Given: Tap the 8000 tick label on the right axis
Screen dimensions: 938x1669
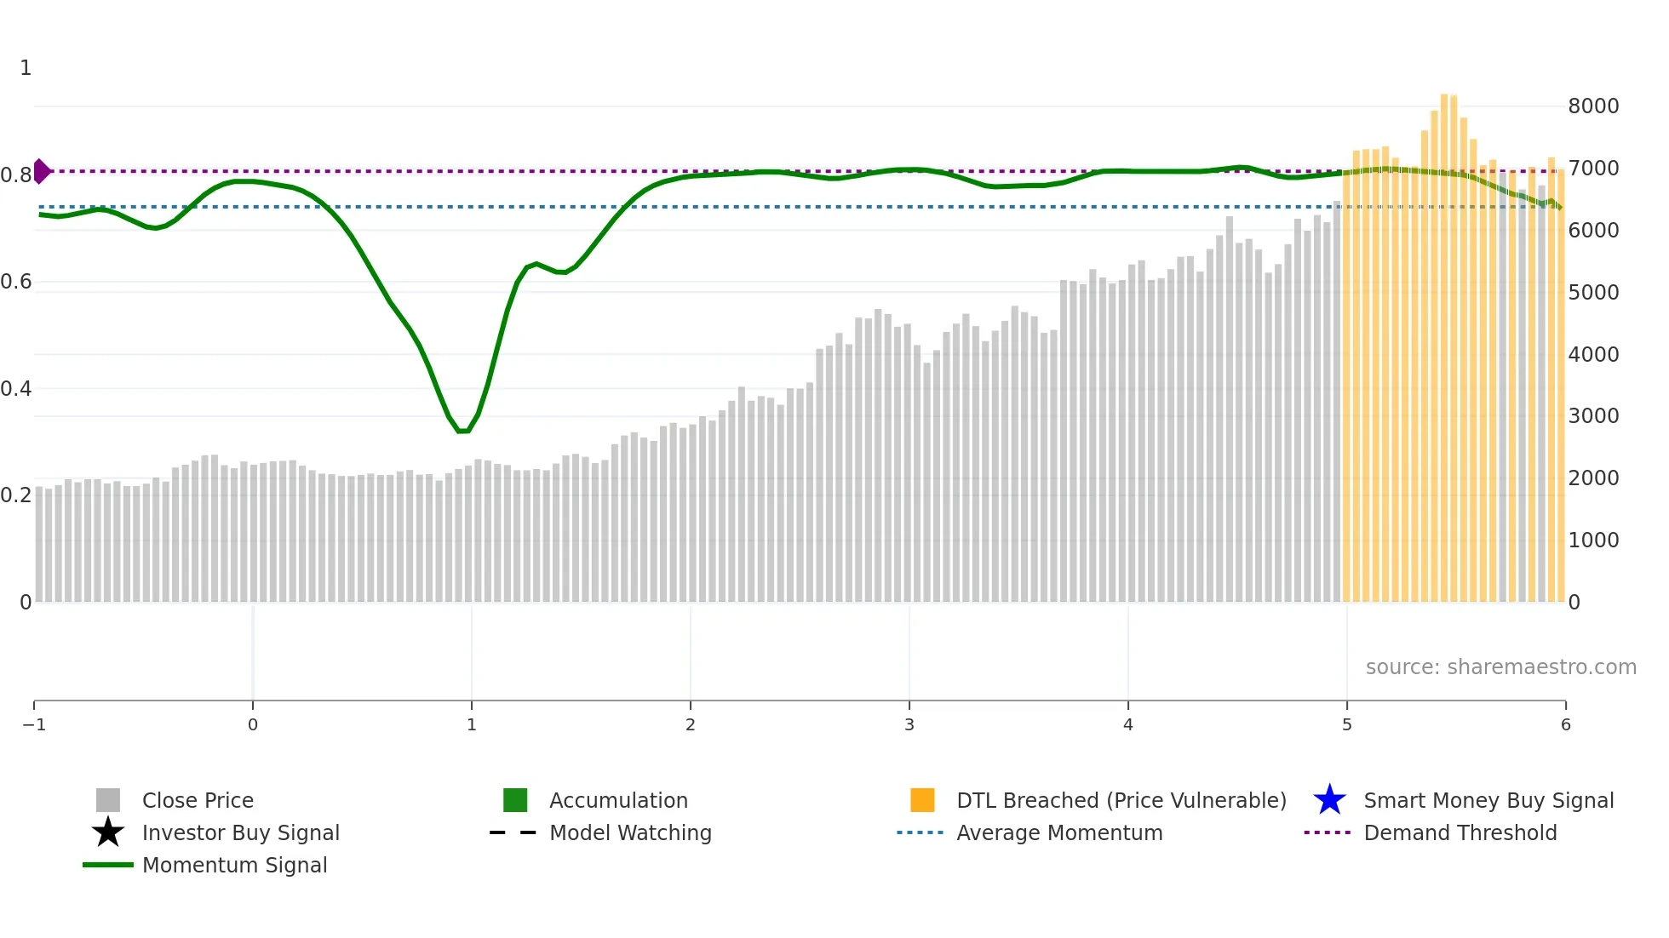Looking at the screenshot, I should click(1593, 106).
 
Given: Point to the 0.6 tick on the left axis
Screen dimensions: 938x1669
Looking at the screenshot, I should click(16, 282).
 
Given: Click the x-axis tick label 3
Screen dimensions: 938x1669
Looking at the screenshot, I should click(909, 725).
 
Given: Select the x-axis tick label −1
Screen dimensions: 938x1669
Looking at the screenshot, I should click(34, 725).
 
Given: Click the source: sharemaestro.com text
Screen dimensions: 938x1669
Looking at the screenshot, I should click(1500, 667).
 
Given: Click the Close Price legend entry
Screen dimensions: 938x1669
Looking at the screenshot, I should click(198, 801).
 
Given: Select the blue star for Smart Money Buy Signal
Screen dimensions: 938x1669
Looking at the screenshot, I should click(1329, 800).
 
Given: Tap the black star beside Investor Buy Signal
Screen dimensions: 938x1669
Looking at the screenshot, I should click(108, 832).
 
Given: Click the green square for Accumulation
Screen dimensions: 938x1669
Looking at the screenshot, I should click(515, 800).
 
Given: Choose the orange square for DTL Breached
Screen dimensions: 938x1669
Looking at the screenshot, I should click(922, 800).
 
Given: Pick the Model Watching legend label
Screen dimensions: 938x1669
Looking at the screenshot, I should click(630, 833).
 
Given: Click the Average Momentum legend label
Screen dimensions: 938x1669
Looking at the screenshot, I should click(1059, 833).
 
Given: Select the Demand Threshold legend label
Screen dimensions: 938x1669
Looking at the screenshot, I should click(1460, 833).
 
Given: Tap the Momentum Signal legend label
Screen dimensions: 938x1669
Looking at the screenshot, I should click(234, 866).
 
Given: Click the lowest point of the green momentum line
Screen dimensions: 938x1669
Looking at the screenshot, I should click(462, 432).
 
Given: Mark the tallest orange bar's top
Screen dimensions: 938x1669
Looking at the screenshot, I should click(1444, 95).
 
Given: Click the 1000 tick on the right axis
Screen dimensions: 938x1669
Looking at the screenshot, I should click(1593, 540).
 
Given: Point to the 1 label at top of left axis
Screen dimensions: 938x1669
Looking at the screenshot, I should click(26, 68).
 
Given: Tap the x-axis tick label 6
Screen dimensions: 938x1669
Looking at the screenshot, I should click(1565, 725).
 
